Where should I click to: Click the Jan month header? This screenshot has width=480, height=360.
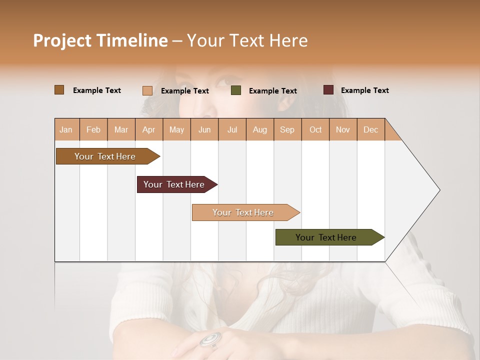[66, 129]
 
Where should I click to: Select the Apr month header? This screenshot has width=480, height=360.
[149, 129]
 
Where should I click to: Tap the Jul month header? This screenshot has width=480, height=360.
[232, 129]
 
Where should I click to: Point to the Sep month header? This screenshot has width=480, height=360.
[287, 129]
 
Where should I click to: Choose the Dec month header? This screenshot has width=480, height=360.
[370, 129]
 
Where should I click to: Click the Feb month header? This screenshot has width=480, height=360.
[93, 129]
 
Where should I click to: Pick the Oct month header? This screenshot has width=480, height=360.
[315, 129]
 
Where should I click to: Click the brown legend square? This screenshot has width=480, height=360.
[59, 90]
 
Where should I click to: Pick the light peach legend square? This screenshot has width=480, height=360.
[147, 90]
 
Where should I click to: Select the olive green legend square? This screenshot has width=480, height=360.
[236, 90]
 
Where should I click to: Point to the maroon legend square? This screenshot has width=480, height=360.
[328, 90]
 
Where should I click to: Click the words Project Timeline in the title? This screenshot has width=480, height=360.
[100, 40]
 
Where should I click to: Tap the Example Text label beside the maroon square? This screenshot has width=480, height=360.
[364, 90]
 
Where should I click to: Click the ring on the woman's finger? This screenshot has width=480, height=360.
[210, 339]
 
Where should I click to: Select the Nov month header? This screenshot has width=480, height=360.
[343, 129]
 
